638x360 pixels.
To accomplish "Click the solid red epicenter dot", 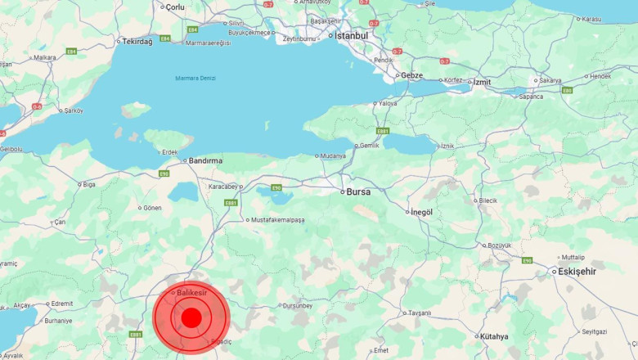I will click(191, 317).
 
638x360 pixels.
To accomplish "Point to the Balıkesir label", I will click(192, 293).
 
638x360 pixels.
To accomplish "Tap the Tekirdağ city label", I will click(137, 42).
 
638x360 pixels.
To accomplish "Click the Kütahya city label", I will click(494, 336).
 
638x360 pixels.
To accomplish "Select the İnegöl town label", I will click(421, 212).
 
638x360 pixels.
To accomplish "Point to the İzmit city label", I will click(481, 82).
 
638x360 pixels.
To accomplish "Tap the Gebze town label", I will click(411, 75).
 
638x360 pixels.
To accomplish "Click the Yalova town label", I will click(389, 104).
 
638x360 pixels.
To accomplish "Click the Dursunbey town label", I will click(297, 305).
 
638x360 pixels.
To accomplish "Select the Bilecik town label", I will click(487, 200).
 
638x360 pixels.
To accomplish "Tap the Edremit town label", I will click(61, 304).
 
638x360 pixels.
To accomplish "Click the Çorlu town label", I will click(175, 7).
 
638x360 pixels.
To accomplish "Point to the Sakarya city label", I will click(550, 80).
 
